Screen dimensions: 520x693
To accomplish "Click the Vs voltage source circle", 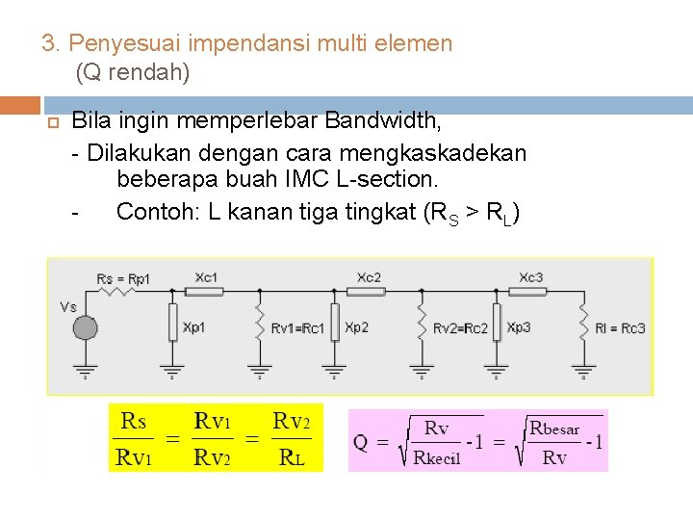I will click(x=86, y=327).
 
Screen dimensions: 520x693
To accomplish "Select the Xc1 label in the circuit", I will click(x=206, y=277).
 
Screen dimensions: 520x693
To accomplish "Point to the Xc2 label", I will click(x=369, y=277).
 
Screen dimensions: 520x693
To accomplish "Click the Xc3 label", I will click(x=530, y=277).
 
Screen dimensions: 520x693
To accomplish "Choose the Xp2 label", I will click(x=356, y=327).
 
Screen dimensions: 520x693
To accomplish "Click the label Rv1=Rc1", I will click(x=297, y=328).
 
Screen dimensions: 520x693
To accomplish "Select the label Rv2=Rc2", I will click(x=460, y=328).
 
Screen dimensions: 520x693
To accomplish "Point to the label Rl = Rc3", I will click(x=620, y=328).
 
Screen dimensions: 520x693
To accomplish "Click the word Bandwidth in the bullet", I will click(x=383, y=121).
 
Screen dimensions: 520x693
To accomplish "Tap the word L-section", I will click(x=388, y=179).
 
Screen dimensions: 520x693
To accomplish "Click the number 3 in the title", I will click(x=47, y=43).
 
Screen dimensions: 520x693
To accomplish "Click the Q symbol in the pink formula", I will click(x=361, y=443).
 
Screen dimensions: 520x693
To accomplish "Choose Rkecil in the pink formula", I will click(x=436, y=457).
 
